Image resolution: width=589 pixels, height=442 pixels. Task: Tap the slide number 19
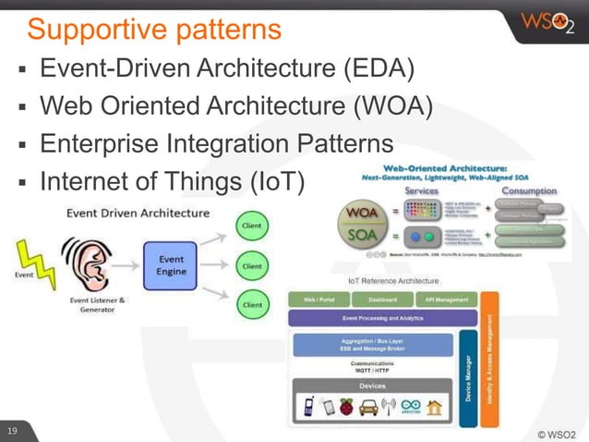pyautogui.click(x=13, y=432)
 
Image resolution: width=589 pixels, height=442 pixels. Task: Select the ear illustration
pyautogui.click(x=80, y=264)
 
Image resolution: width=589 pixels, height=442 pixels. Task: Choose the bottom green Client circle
pyautogui.click(x=251, y=304)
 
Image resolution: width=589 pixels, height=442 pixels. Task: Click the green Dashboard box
pyautogui.click(x=382, y=300)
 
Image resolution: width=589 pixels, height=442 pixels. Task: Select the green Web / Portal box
pyautogui.click(x=318, y=300)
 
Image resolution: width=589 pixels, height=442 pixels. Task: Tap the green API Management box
pyautogui.click(x=447, y=300)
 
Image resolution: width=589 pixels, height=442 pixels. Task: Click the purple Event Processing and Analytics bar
pyautogui.click(x=382, y=318)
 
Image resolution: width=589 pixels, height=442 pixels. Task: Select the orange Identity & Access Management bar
pyautogui.click(x=490, y=359)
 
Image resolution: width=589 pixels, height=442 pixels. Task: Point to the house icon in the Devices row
pyautogui.click(x=434, y=406)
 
